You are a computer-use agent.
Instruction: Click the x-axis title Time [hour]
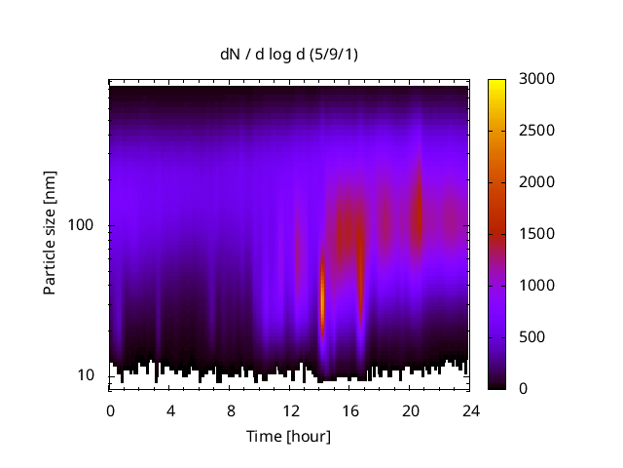[x=287, y=436]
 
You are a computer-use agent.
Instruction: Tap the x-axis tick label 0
[x=110, y=410]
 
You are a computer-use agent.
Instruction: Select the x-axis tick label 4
[x=170, y=410]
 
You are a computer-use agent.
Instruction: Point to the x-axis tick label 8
[x=231, y=410]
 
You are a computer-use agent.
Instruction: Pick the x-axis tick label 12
[x=290, y=410]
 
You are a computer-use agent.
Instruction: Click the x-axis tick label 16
[x=350, y=410]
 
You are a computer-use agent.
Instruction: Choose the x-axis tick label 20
[x=411, y=410]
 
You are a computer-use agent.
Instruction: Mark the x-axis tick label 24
[x=471, y=410]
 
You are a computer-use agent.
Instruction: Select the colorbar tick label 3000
[x=537, y=79]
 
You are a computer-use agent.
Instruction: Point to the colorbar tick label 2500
[x=537, y=131]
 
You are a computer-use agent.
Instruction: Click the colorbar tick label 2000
[x=537, y=182]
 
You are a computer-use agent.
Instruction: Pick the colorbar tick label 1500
[x=537, y=234]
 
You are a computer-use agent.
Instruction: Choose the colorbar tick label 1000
[x=537, y=286]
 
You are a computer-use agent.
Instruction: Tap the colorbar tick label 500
[x=533, y=337]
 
